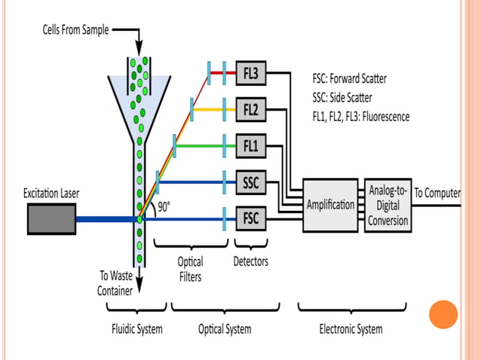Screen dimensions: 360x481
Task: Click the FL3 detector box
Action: (251, 74)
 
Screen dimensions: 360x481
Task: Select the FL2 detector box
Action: (251, 110)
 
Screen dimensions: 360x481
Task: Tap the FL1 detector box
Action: (251, 146)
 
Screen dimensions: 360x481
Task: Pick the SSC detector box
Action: (251, 182)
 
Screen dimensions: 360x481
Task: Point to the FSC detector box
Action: (251, 219)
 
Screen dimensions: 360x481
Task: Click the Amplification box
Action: (330, 205)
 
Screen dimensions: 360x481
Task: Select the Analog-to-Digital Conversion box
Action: (388, 205)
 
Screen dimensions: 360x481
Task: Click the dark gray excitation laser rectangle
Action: (51, 219)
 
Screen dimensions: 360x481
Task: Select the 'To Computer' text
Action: (437, 193)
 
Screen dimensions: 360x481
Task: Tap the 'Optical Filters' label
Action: (190, 269)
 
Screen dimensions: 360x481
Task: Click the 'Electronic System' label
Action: (351, 329)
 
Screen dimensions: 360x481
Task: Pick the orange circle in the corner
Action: (443, 315)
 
